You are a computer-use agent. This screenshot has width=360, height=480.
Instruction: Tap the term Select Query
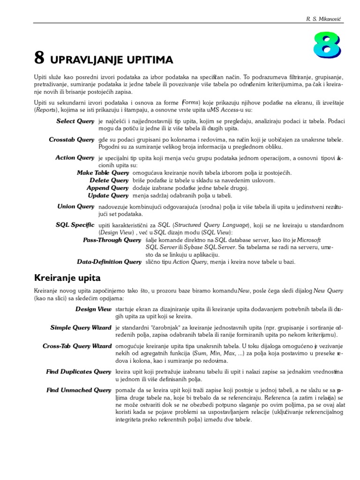point(75,121)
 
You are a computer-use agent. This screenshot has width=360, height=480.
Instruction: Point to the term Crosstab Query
point(72,140)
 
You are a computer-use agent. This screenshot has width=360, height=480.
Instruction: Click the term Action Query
point(75,158)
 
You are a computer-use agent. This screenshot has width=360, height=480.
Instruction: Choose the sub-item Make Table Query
point(103,173)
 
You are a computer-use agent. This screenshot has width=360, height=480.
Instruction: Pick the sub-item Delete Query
point(109,180)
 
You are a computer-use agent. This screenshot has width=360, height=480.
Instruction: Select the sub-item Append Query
point(107,188)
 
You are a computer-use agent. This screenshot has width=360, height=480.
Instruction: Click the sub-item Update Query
point(108,195)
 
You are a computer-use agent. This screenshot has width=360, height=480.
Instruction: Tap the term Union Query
point(75,207)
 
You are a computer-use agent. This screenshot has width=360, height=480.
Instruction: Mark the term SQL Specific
point(75,225)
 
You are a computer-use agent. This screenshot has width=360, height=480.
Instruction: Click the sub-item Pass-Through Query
point(112,240)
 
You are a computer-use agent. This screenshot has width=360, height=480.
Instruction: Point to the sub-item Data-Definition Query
point(109,262)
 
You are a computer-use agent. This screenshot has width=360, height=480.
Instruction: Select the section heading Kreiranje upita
point(67,278)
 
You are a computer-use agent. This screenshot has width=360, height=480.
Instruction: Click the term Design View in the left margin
point(93,309)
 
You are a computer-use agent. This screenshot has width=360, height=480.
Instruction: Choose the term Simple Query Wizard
point(81,328)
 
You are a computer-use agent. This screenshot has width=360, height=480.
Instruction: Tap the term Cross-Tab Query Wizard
point(77,346)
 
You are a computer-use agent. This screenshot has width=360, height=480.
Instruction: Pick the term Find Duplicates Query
point(78,372)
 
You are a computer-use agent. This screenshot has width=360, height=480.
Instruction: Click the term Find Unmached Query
point(79,390)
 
